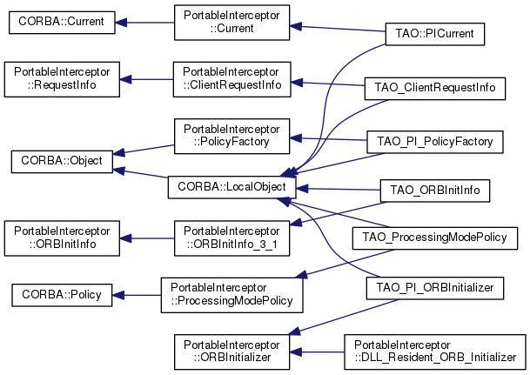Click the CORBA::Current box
pyautogui.click(x=62, y=23)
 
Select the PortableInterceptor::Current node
pyautogui.click(x=230, y=23)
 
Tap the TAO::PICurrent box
pyautogui.click(x=434, y=33)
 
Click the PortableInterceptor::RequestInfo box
pyautogui.click(x=62, y=78)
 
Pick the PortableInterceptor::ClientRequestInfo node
pyautogui.click(x=230, y=78)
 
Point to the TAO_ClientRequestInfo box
pyautogui.click(x=434, y=88)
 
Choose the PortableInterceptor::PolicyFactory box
pyautogui.click(x=230, y=133)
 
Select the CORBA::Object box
pyautogui.click(x=62, y=161)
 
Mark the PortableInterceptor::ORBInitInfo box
pyautogui.click(x=62, y=238)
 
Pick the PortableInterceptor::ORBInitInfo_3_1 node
pyautogui.click(x=230, y=238)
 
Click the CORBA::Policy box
pyautogui.click(x=62, y=294)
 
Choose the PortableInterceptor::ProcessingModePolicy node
pyautogui.click(x=230, y=294)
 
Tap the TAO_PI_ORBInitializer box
pyautogui.click(x=434, y=286)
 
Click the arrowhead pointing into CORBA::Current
pyautogui.click(x=123, y=23)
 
